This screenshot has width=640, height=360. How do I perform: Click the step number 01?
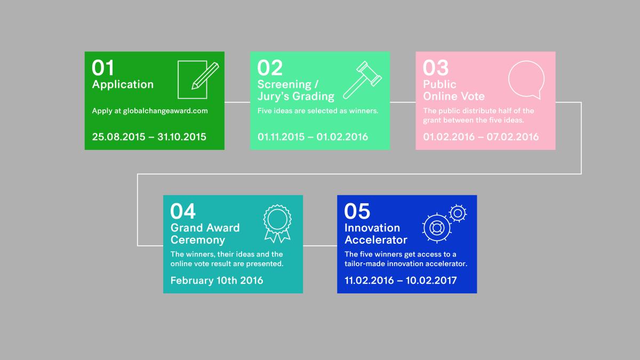(103, 68)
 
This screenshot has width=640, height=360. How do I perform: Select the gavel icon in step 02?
(362, 80)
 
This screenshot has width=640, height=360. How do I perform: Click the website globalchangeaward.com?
(165, 111)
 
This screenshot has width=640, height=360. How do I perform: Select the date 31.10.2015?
(182, 137)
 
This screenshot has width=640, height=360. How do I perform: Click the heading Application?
(123, 85)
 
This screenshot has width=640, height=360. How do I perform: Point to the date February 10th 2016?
(217, 281)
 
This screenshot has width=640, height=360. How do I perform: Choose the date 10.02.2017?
(431, 281)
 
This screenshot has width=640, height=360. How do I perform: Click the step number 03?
(435, 68)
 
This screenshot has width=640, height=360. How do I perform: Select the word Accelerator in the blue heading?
(375, 240)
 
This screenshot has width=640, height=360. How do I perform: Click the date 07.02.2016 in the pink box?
(513, 137)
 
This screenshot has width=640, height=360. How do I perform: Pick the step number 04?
(183, 211)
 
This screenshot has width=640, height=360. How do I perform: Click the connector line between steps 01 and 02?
(237, 102)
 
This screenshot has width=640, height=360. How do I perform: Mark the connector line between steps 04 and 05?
(320, 245)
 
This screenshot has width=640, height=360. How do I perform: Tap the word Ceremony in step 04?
(198, 240)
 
